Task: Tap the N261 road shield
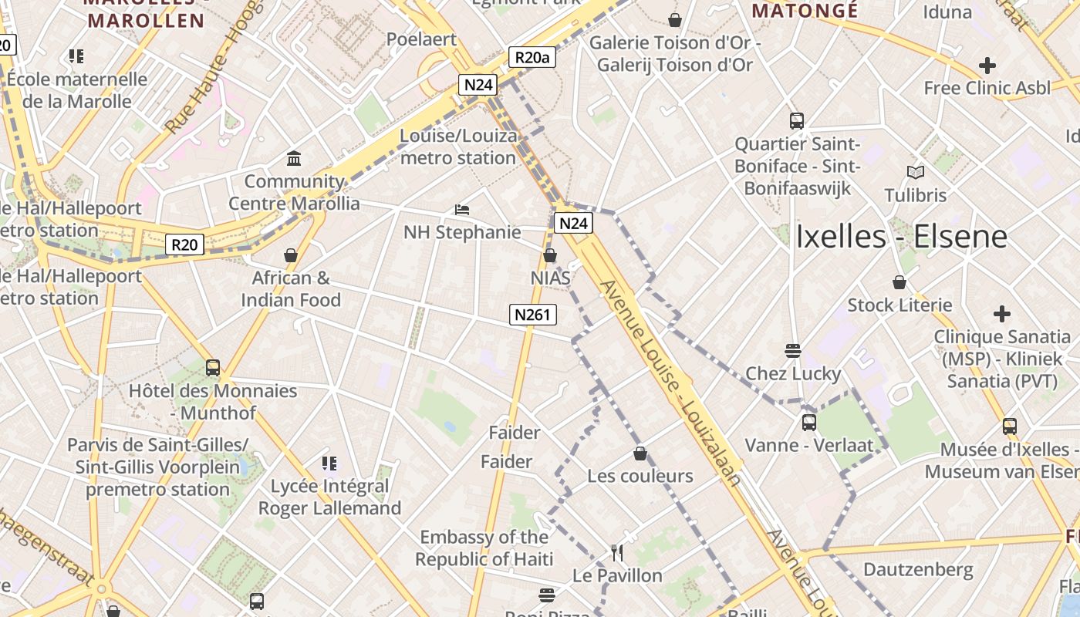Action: (532, 314)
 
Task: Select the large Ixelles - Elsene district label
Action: (901, 236)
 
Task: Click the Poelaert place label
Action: (421, 39)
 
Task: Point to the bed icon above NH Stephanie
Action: (462, 209)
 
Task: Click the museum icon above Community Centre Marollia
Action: (294, 159)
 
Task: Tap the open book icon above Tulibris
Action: (916, 172)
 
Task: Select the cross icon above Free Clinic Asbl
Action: (987, 66)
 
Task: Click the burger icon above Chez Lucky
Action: (792, 351)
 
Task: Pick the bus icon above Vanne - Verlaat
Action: (808, 423)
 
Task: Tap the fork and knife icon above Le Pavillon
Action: (617, 552)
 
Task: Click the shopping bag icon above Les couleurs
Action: (640, 453)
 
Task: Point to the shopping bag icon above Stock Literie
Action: (899, 282)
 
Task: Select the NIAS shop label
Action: (551, 278)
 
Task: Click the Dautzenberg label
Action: (918, 570)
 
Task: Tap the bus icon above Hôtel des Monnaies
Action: (213, 368)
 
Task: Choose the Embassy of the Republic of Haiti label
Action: (484, 548)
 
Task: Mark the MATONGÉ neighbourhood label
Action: (805, 11)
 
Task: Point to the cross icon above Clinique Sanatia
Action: (1002, 314)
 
